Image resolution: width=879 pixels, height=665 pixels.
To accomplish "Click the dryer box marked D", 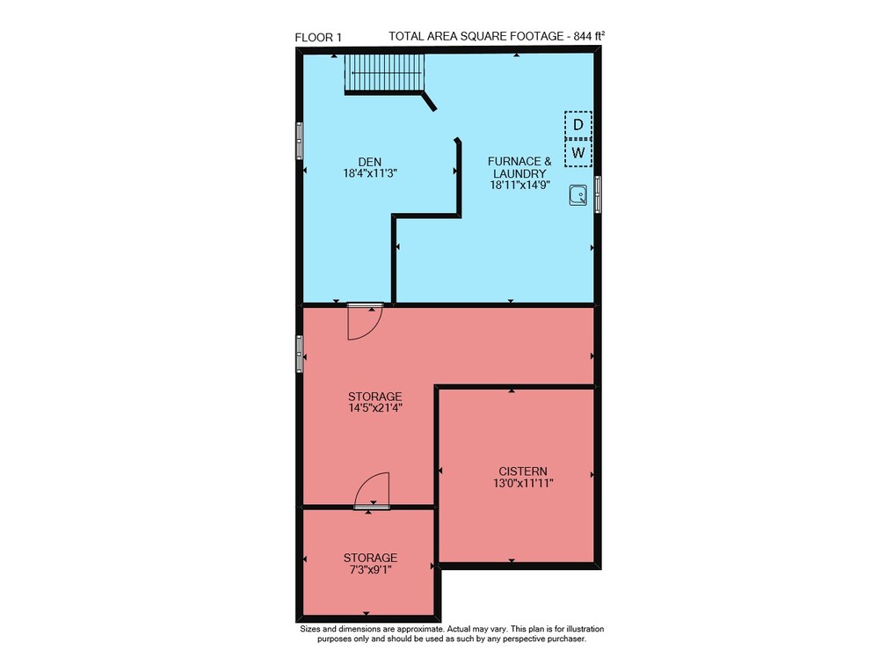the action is [578, 125].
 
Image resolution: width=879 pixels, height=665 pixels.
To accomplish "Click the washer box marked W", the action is [578, 153].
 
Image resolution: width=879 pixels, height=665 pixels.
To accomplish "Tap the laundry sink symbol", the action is [578, 195].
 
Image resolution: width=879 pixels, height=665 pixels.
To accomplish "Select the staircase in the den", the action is [385, 74].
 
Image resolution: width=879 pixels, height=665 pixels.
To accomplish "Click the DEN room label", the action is [370, 162].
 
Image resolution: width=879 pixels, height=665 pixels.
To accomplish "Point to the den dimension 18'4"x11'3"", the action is [370, 173].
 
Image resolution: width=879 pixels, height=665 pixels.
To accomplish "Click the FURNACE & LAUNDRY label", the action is [519, 167].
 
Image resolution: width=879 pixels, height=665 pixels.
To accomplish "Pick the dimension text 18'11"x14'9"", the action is [519, 186].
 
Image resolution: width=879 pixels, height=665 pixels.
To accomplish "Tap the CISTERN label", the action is [523, 471].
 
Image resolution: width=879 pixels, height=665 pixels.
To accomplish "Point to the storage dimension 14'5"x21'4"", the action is [375, 408].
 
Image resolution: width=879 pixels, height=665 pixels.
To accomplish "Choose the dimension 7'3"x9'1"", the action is [370, 570].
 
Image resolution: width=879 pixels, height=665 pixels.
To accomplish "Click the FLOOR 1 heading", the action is [318, 38].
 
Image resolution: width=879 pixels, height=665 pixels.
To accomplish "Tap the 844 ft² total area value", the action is [589, 36].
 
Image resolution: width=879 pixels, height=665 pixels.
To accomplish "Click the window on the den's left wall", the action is [300, 140].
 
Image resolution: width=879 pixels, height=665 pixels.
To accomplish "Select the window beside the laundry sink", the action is [598, 194].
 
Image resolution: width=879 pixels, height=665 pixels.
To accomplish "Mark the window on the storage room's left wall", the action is [300, 354].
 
